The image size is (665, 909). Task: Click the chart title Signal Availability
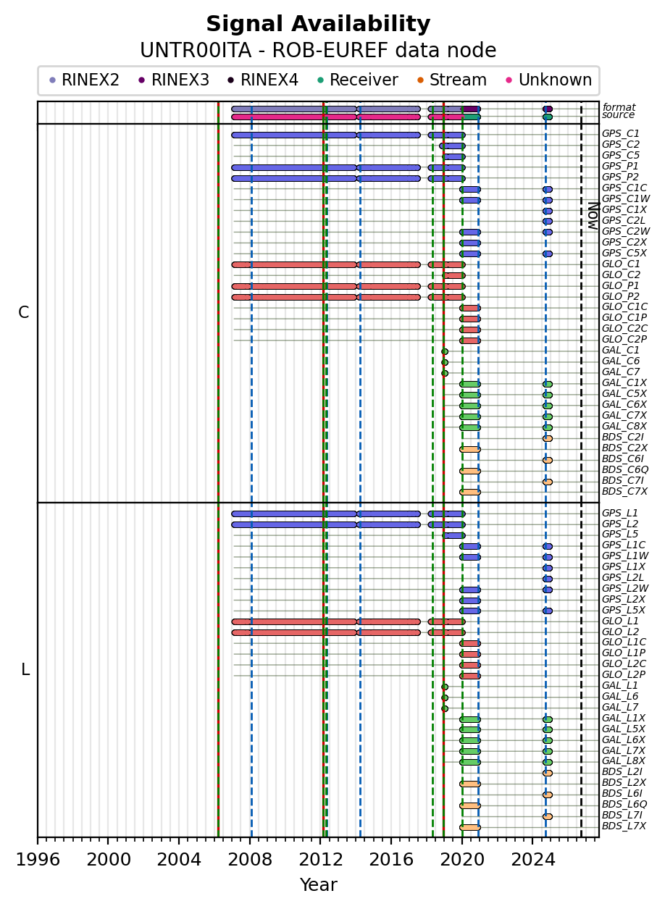tap(318, 23)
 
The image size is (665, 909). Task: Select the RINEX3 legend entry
tap(174, 80)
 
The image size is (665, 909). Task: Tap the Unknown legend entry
tap(549, 80)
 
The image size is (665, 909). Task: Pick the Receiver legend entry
tap(358, 80)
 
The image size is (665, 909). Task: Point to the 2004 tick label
tap(179, 860)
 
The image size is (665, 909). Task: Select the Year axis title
tap(319, 884)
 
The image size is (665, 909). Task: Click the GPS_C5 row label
tap(620, 155)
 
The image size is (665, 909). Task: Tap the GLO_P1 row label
tap(620, 285)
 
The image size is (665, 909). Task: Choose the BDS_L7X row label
tap(624, 826)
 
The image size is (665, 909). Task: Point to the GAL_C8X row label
tap(624, 426)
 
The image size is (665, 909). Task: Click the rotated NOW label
tap(593, 216)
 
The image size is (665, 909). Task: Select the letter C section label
tap(23, 312)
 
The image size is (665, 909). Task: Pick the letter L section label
tap(25, 669)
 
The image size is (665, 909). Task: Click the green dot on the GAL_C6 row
tap(445, 362)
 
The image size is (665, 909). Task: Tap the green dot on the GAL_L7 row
tap(445, 708)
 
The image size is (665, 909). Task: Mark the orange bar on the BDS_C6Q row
tap(470, 471)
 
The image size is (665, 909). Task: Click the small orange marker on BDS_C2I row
tap(548, 438)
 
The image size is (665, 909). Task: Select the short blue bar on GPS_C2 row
tap(453, 146)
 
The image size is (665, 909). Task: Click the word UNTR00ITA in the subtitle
tap(196, 50)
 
